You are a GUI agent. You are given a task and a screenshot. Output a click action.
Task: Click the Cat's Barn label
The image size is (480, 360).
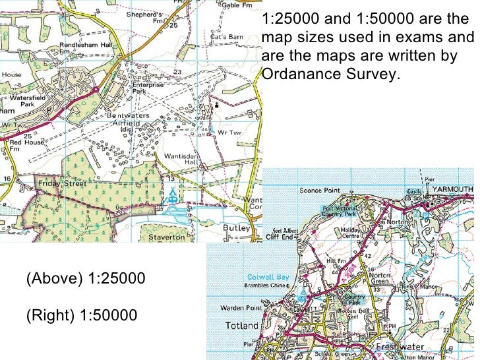[227, 36]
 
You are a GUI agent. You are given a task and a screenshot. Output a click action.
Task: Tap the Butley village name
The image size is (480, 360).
[237, 228]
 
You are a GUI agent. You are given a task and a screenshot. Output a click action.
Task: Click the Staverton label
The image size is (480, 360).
[167, 237]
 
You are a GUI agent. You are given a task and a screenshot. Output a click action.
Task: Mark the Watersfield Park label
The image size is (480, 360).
[26, 100]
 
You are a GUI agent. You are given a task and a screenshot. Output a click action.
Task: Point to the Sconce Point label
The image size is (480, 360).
[321, 191]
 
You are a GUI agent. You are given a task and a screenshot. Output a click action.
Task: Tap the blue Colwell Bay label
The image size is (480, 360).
[265, 277]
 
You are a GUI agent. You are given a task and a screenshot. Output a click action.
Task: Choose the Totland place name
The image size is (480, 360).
[242, 325]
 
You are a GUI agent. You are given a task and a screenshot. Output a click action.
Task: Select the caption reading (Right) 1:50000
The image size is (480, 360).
[82, 315]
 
